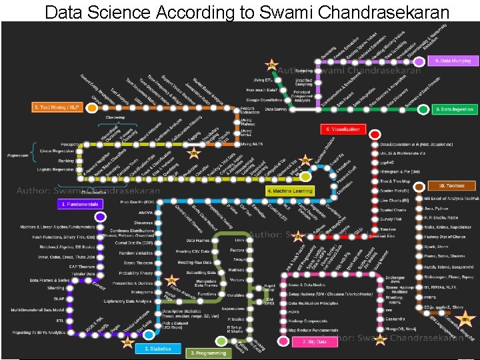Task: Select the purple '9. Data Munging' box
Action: (453, 61)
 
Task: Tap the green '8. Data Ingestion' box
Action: (454, 109)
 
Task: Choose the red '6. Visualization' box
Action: (343, 129)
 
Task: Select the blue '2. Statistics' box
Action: (157, 349)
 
